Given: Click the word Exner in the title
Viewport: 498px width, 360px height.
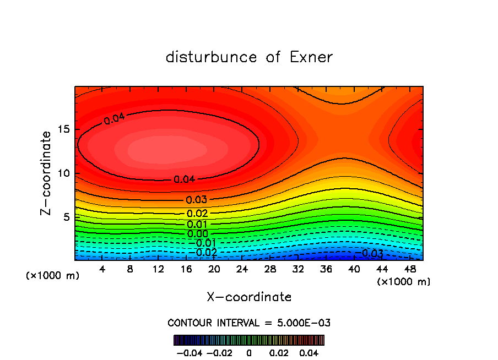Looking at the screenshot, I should click(311, 57).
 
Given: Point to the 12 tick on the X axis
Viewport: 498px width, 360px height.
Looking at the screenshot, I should click(158, 269).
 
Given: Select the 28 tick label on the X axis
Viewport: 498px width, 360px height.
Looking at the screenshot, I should click(270, 269).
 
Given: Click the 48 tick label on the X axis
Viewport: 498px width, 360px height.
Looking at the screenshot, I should click(409, 269).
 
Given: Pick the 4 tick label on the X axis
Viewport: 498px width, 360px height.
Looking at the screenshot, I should click(102, 269).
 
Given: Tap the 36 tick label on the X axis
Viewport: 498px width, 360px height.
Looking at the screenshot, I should click(326, 269).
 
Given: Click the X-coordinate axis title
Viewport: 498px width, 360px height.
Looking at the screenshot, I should click(249, 297).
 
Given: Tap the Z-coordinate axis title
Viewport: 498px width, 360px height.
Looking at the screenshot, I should click(47, 173).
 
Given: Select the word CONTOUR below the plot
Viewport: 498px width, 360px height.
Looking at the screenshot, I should click(187, 323).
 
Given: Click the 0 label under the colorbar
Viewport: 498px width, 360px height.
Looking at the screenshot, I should click(249, 352).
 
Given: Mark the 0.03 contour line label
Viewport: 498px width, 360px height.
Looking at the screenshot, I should click(197, 200).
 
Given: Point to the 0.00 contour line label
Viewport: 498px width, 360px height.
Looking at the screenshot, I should click(197, 233).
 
